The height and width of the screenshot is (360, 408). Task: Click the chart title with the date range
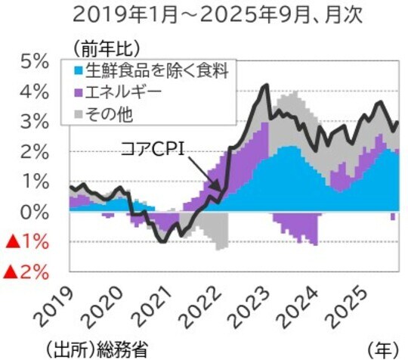click(x=204, y=14)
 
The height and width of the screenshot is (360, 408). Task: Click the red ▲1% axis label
click(x=27, y=242)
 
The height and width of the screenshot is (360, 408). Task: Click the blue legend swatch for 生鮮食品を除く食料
click(x=79, y=70)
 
